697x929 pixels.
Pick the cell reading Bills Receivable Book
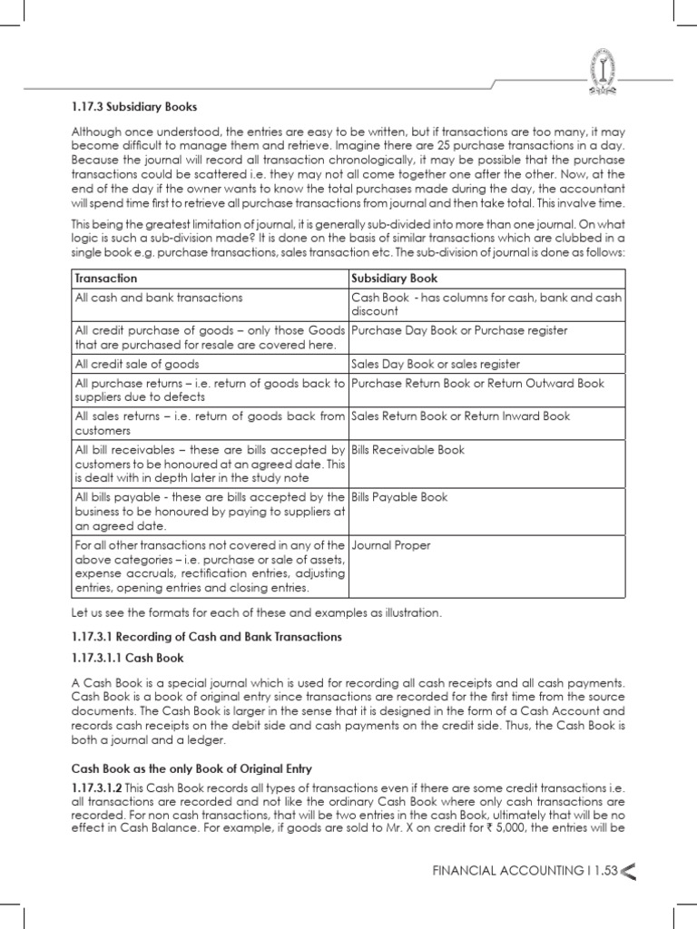[x=407, y=450]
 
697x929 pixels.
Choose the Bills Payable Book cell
[x=399, y=497]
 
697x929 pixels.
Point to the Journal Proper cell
[x=391, y=546]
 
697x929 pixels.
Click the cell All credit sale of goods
[x=134, y=364]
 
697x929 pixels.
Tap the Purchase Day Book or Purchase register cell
[x=447, y=331]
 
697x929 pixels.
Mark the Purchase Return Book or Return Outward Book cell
[x=477, y=384]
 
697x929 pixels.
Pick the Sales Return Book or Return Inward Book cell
[x=461, y=416]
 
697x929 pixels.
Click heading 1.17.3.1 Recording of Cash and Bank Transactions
[x=207, y=637]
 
